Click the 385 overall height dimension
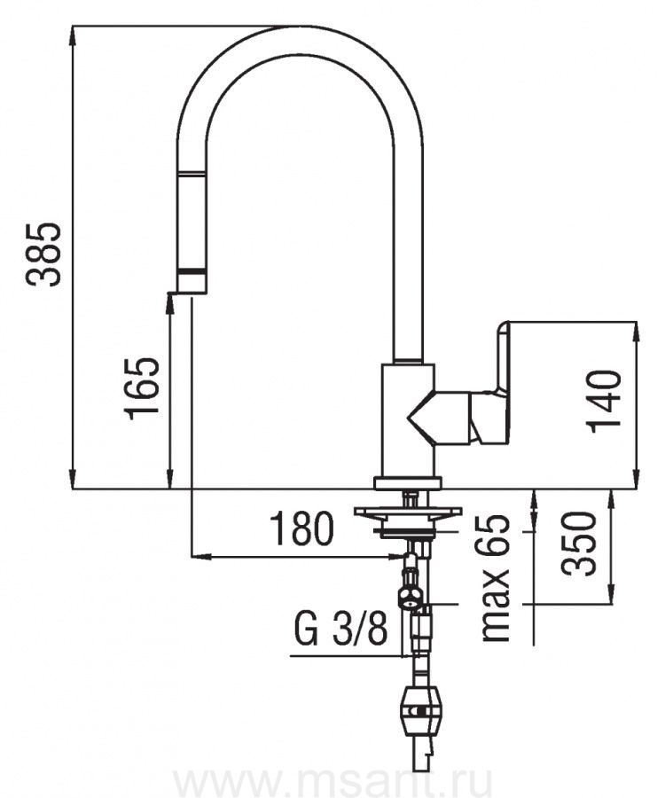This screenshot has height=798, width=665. [43, 254]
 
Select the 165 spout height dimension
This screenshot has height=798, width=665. [142, 388]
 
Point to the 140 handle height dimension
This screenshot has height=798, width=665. [604, 401]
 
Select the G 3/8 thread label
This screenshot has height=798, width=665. [340, 633]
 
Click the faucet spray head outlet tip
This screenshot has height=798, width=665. [192, 286]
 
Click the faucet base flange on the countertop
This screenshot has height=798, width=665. [407, 482]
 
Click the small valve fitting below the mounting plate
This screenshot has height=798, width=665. [411, 597]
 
